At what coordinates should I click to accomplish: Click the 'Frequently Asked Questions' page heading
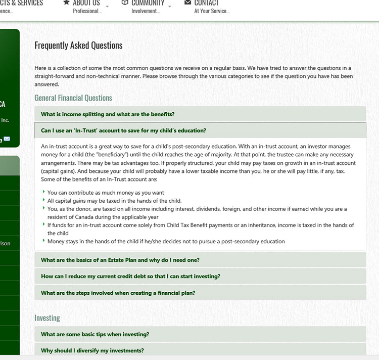tap(78, 46)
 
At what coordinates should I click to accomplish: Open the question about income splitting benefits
tap(108, 114)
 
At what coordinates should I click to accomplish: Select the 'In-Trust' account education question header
tap(123, 130)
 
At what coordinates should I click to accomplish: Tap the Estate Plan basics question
tap(120, 260)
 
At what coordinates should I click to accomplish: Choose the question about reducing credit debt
tap(130, 277)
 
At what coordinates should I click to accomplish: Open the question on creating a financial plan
tap(118, 293)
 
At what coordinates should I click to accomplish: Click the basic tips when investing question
tap(94, 334)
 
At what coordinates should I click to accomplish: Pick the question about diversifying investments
tap(92, 350)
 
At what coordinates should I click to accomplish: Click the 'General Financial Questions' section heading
tap(73, 98)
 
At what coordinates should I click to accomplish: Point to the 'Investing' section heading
tap(47, 318)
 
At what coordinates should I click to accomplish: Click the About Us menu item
tap(86, 3)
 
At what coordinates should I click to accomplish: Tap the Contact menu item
tap(206, 3)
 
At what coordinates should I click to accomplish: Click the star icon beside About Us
tap(66, 3)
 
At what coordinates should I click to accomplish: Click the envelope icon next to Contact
tap(188, 3)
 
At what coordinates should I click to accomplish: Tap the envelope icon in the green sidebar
tap(7, 139)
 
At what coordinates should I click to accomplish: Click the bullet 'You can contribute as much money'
tap(106, 193)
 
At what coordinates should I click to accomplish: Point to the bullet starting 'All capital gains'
tap(114, 201)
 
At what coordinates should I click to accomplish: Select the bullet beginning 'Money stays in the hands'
tap(166, 241)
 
